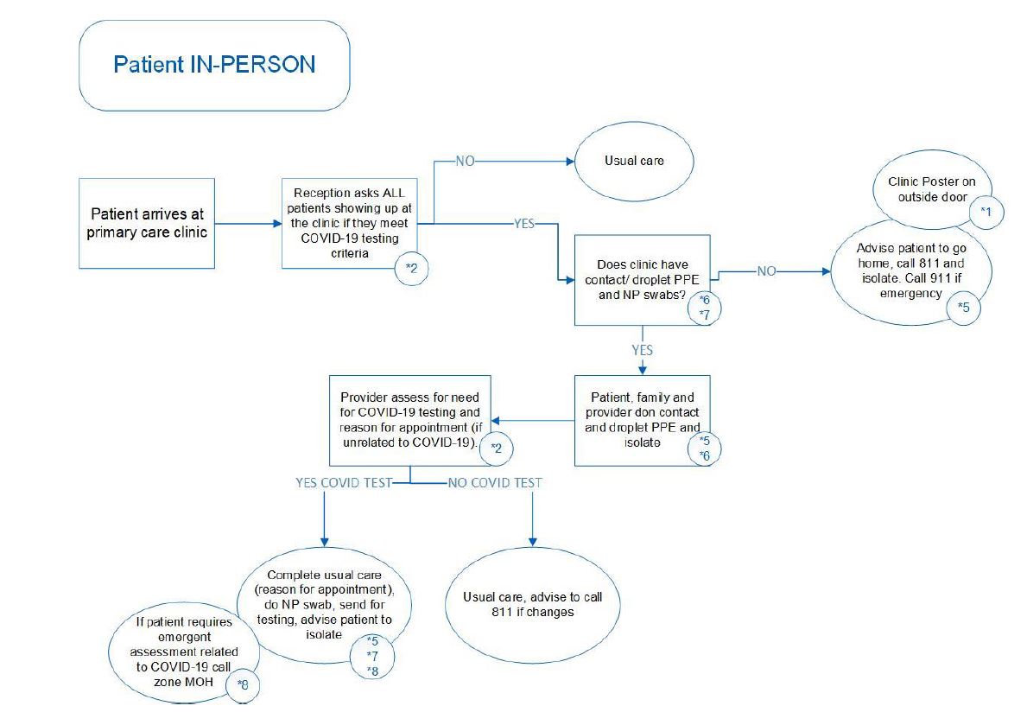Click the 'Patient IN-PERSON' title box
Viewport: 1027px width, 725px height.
tap(214, 65)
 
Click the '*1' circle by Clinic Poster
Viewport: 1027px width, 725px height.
tap(986, 210)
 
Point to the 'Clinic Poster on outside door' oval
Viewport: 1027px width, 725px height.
tap(932, 189)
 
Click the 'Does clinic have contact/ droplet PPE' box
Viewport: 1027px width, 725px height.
tap(642, 279)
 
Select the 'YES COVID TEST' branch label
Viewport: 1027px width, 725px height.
tap(343, 482)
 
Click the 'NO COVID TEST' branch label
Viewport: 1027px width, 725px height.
tap(494, 482)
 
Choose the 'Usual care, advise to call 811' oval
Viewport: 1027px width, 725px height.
tap(532, 605)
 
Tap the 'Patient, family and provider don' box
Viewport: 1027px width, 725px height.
tap(642, 420)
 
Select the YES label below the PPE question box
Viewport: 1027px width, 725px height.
tap(642, 350)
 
